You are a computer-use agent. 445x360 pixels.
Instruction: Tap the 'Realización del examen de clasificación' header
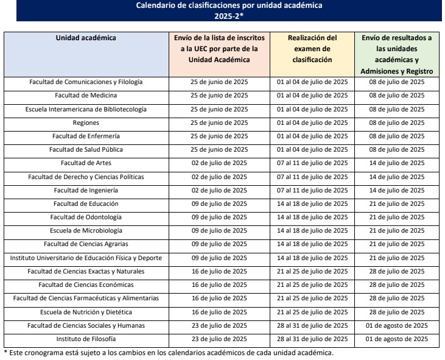[312, 49]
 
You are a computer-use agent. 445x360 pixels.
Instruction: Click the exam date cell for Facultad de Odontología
[312, 217]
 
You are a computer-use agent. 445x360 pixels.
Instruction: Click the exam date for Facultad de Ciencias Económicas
[312, 284]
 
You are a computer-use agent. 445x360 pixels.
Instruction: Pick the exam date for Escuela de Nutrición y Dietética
[312, 311]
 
